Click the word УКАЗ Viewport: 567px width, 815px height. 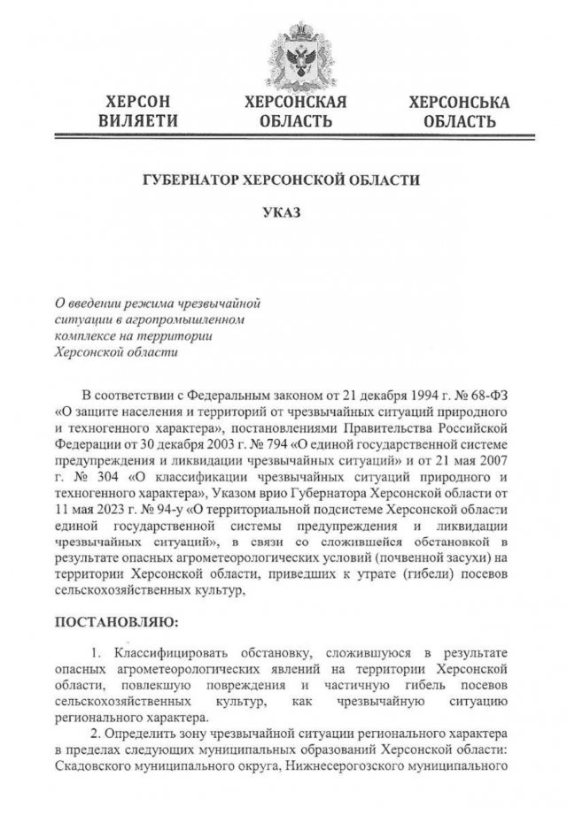(x=283, y=213)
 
